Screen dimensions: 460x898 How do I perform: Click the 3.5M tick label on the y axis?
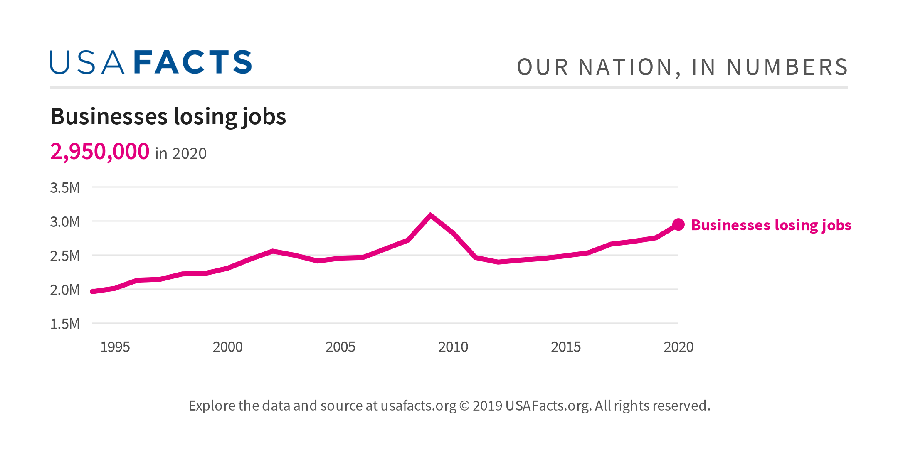pos(65,188)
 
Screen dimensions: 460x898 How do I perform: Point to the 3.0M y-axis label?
pos(65,222)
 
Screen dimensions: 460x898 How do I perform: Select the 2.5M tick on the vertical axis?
pos(65,256)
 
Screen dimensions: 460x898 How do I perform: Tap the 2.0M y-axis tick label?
pos(65,290)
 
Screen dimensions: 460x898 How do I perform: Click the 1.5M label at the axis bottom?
pos(65,324)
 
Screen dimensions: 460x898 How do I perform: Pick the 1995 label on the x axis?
pos(115,347)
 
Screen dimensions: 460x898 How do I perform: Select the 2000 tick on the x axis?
pos(228,347)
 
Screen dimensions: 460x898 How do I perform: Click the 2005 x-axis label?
pos(340,347)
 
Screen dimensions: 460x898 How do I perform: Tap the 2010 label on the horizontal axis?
pos(453,347)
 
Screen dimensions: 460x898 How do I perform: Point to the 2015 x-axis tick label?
pos(566,347)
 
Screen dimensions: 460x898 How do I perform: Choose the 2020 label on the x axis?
pos(678,347)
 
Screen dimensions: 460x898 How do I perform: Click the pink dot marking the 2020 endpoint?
pos(678,225)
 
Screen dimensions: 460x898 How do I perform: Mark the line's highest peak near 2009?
pos(431,215)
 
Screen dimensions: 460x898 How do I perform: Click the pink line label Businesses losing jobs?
pos(771,225)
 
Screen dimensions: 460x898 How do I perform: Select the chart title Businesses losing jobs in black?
pos(168,116)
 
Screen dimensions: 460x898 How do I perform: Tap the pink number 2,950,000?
pos(100,152)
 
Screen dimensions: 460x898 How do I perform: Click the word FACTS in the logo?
pos(193,63)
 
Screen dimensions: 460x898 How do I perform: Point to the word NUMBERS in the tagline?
pos(787,67)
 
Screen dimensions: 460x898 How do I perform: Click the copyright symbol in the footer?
pos(464,406)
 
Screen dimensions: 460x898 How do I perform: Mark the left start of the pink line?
pos(93,292)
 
